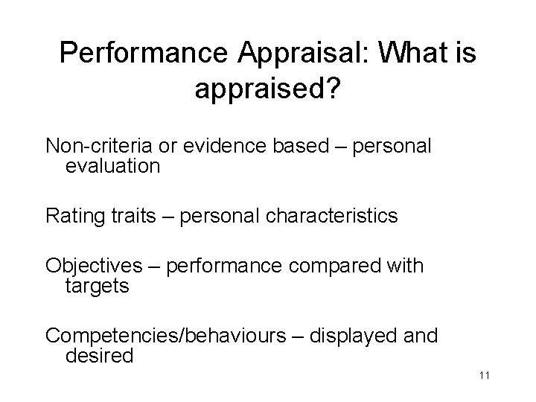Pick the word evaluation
tap(112, 165)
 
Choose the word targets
tap(98, 286)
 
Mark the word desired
tap(100, 356)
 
